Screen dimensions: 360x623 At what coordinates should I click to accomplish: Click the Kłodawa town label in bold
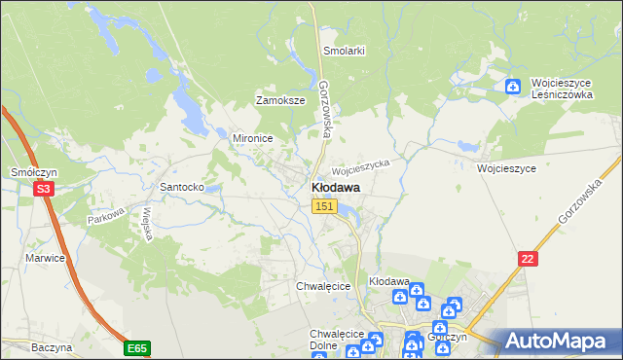click(x=335, y=187)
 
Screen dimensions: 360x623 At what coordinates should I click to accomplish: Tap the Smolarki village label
click(x=343, y=51)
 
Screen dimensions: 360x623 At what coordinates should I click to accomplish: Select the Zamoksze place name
click(x=280, y=100)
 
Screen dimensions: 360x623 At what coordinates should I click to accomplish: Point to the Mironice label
click(x=251, y=138)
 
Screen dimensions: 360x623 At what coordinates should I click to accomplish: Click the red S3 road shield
click(x=43, y=190)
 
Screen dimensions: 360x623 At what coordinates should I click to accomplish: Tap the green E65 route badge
click(x=137, y=346)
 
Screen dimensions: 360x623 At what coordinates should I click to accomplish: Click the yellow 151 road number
click(x=324, y=206)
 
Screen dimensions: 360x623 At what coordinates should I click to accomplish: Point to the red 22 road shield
click(x=528, y=257)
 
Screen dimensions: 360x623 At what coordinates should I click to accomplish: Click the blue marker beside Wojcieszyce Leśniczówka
click(x=513, y=86)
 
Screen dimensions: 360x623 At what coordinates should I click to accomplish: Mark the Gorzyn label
click(x=447, y=337)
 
